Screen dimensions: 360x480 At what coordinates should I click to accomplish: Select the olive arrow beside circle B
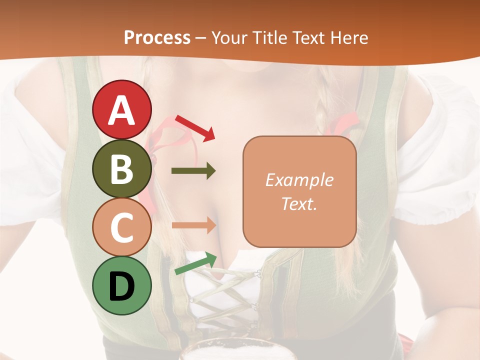pyautogui.click(x=193, y=171)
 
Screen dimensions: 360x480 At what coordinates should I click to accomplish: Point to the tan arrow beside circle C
pyautogui.click(x=193, y=225)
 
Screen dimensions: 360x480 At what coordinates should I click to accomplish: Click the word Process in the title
pyautogui.click(x=157, y=37)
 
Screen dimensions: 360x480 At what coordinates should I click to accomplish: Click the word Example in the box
pyautogui.click(x=299, y=180)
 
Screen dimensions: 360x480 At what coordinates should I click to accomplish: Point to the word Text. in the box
pyautogui.click(x=299, y=203)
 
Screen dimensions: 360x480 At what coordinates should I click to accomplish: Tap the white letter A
pyautogui.click(x=121, y=110)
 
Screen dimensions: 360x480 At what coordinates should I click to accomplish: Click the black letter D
pyautogui.click(x=121, y=286)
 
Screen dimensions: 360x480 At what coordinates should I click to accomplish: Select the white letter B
pyautogui.click(x=121, y=169)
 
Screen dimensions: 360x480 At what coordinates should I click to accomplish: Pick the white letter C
pyautogui.click(x=121, y=227)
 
